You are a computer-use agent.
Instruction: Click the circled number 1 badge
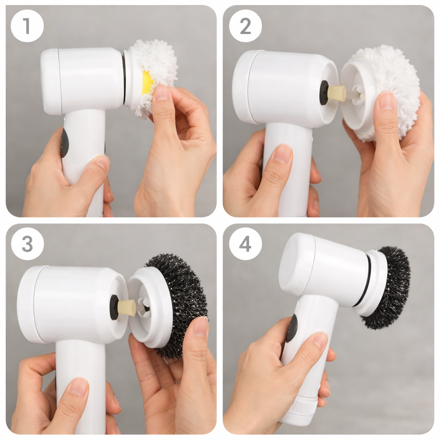(27, 26)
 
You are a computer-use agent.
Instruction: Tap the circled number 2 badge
(245, 26)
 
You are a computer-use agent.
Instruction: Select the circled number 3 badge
(27, 244)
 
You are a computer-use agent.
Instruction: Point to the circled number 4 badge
(245, 244)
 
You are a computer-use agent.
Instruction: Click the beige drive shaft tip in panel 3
(126, 307)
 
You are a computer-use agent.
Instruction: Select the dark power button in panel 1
(64, 143)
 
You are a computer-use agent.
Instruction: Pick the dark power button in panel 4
(292, 328)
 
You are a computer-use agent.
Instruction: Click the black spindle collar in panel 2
(324, 93)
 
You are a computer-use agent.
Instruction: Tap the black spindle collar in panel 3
(114, 307)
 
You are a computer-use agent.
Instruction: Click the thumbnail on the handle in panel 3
(79, 387)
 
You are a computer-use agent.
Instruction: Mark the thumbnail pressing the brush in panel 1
(161, 93)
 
